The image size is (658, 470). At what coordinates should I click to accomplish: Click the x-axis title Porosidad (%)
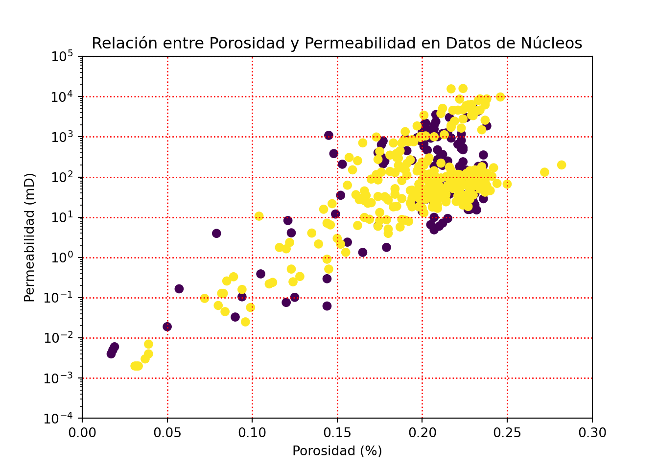pyautogui.click(x=337, y=451)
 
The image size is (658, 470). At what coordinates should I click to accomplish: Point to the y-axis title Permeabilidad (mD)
pyautogui.click(x=30, y=237)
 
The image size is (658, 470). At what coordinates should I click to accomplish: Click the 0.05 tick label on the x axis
pyautogui.click(x=167, y=433)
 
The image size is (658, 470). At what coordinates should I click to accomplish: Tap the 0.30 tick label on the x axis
pyautogui.click(x=592, y=433)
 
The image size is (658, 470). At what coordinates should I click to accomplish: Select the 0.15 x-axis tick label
pyautogui.click(x=337, y=433)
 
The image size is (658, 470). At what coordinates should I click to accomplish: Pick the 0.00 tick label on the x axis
pyautogui.click(x=82, y=433)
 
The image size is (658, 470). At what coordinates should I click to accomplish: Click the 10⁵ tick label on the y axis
pyautogui.click(x=62, y=57)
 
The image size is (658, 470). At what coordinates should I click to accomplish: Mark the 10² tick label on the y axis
pyautogui.click(x=62, y=177)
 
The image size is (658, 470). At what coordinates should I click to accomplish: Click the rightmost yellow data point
pyautogui.click(x=562, y=165)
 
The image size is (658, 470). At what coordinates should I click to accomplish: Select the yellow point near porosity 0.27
pyautogui.click(x=544, y=172)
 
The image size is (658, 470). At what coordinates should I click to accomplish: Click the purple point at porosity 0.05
pyautogui.click(x=167, y=327)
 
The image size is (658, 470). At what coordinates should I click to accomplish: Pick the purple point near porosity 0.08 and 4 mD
pyautogui.click(x=216, y=233)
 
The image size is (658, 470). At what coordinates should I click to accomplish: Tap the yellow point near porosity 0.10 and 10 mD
pyautogui.click(x=259, y=216)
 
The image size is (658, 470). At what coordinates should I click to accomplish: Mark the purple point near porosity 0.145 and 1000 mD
pyautogui.click(x=329, y=135)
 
